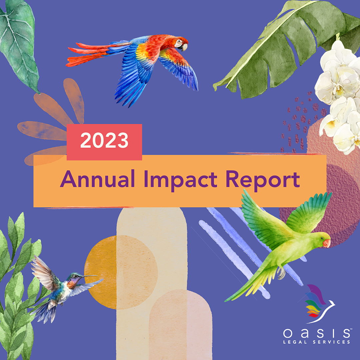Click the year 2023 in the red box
[x=104, y=140]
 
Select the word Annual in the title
[x=97, y=179]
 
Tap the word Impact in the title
[x=180, y=180]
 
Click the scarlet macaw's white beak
[x=184, y=47]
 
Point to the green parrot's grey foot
[x=281, y=273]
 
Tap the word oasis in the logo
[x=316, y=333]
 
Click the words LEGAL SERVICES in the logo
[x=317, y=342]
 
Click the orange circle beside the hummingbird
[x=121, y=272]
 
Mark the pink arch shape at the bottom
[x=180, y=325]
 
